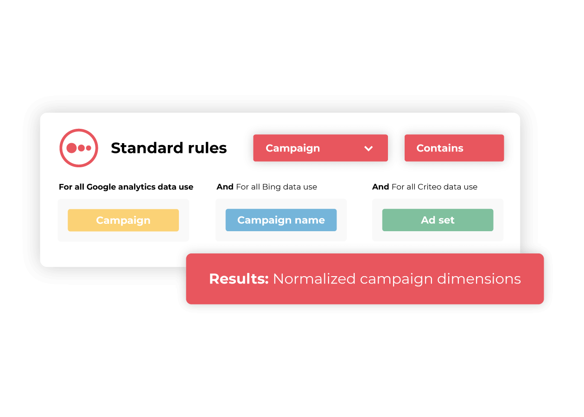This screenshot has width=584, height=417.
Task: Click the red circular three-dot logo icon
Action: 79,148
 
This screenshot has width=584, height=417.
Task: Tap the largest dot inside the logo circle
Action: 71,148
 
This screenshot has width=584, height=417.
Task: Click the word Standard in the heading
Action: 147,148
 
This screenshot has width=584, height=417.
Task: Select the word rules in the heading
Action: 207,148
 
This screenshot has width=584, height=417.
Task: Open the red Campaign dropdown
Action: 320,148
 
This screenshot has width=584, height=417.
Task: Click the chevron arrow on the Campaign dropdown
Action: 368,149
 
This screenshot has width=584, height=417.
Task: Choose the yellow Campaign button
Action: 123,220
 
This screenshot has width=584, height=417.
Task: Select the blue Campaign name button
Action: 281,220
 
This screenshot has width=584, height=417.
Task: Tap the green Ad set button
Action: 438,220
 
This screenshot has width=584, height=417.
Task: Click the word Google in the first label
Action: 101,187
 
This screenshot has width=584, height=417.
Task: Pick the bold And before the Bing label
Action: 225,187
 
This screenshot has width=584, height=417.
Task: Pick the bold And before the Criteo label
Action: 381,187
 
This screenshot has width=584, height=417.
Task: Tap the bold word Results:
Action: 239,279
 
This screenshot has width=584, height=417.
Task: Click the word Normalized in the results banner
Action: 314,279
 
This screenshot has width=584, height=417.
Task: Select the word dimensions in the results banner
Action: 479,279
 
